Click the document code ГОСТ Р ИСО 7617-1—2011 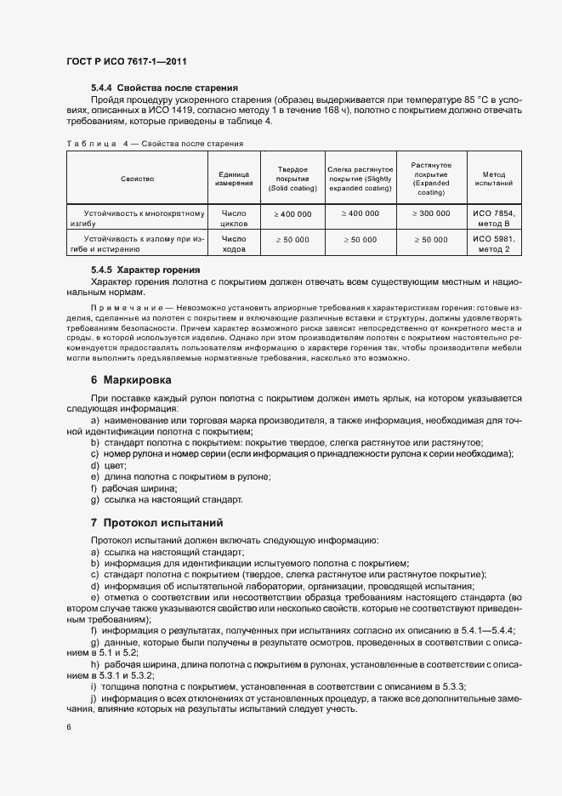tap(125, 62)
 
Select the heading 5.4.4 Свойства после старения tap(163, 88)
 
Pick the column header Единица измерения tap(233, 179)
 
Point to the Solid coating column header tap(292, 179)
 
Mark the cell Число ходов tap(233, 245)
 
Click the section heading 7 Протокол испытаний tap(159, 520)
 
